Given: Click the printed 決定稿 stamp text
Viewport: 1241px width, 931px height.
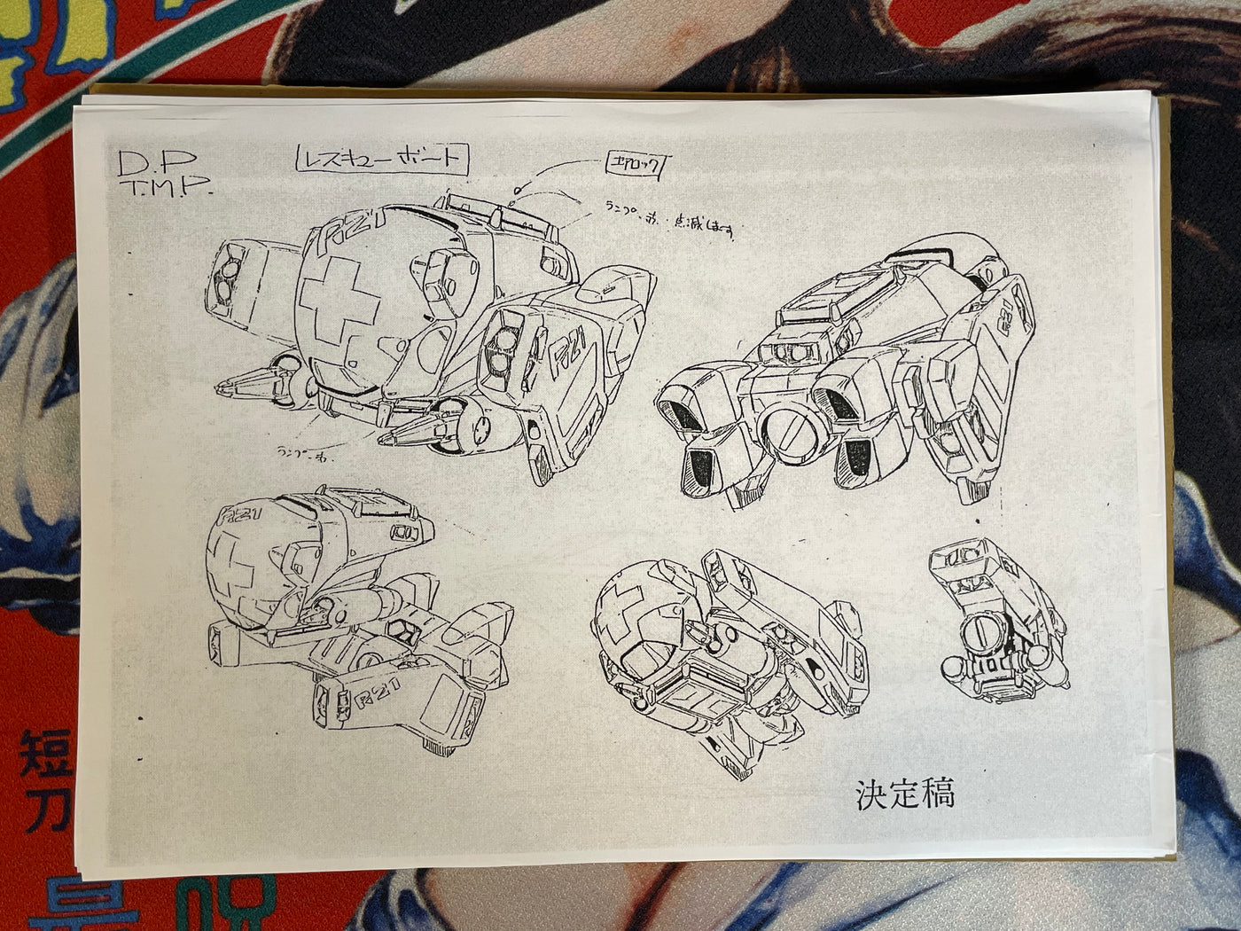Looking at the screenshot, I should [904, 793].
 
